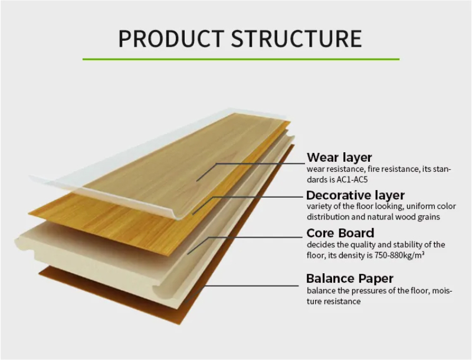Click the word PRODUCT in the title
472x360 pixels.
(171, 39)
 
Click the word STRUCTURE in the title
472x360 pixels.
(297, 39)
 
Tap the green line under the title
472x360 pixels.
(241, 59)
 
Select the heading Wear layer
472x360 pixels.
(339, 158)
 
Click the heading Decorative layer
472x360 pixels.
(355, 195)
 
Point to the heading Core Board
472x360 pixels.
(340, 233)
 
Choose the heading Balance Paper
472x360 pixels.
(350, 279)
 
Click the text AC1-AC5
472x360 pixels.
(352, 179)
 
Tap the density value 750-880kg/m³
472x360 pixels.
(399, 256)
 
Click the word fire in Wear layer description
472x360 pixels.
(373, 169)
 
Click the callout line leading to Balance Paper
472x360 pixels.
(241, 294)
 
